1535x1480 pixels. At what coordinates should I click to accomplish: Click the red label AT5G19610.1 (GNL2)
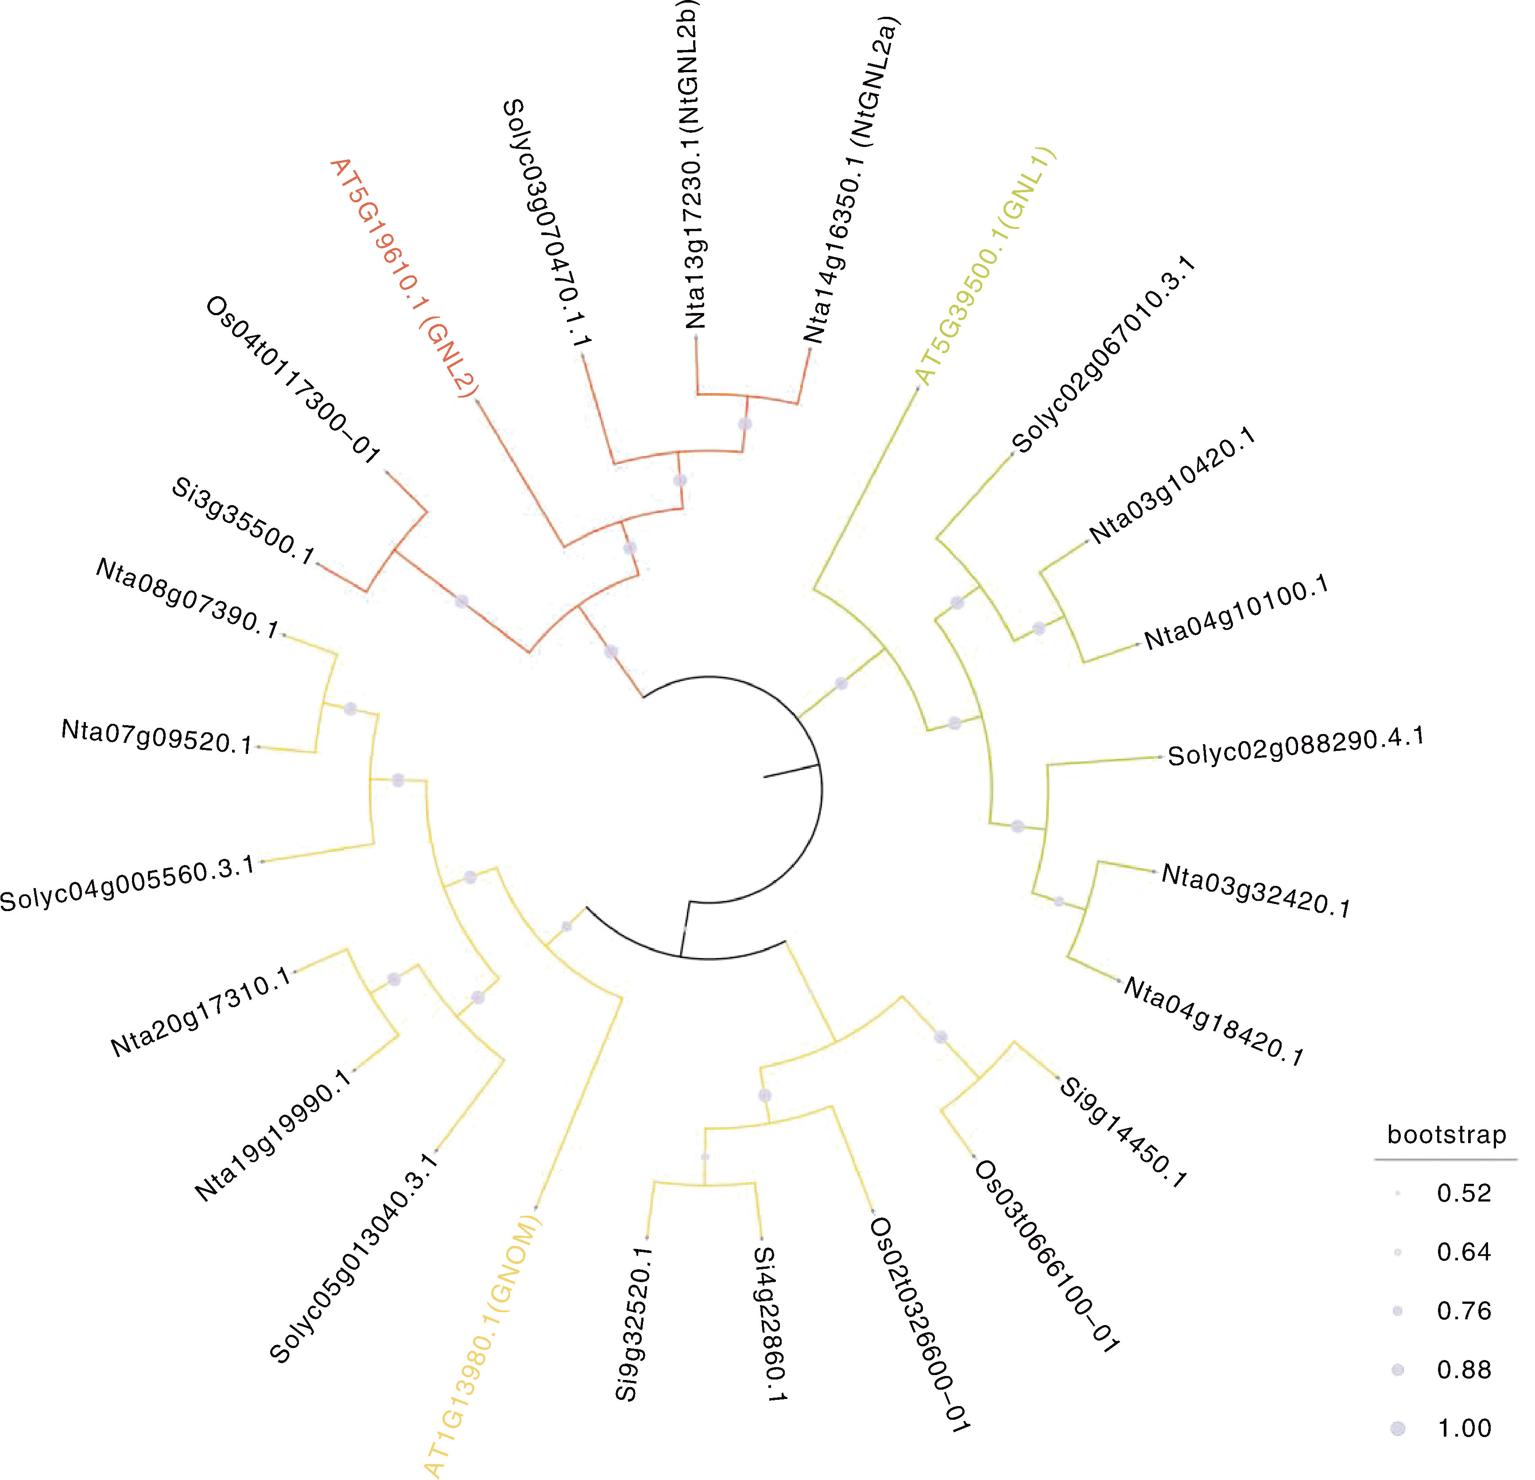pos(405,279)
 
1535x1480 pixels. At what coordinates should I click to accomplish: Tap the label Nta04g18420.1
pos(1213,1022)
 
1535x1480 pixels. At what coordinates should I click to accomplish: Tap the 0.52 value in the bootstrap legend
pos(1464,1193)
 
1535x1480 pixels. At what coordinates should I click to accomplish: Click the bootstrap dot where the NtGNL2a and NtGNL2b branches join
pos(745,424)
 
